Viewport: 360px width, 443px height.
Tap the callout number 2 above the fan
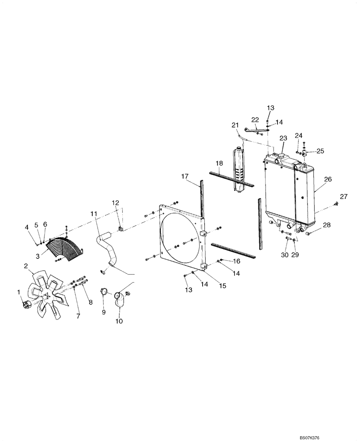click(26, 266)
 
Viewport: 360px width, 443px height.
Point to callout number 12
click(115, 203)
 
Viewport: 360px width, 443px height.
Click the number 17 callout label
click(185, 176)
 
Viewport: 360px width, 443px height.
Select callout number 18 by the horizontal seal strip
click(219, 163)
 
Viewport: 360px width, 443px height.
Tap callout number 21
click(235, 125)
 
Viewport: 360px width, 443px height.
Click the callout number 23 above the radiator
click(283, 138)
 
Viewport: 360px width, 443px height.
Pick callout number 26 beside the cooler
click(328, 179)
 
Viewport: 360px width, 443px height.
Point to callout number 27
click(344, 196)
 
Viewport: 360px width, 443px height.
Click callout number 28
click(327, 225)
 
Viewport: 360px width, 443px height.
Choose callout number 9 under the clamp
click(104, 312)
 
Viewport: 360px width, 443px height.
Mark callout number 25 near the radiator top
click(320, 151)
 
